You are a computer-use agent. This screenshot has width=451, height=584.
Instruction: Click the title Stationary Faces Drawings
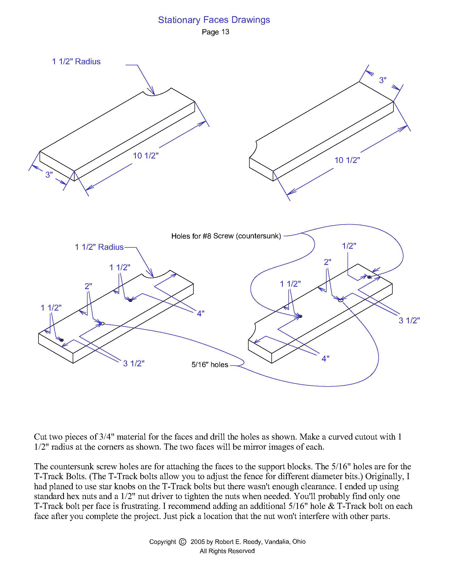click(214, 20)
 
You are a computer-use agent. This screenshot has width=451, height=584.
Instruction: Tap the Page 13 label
click(215, 32)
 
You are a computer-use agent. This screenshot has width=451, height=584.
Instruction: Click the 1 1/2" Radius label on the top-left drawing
click(76, 62)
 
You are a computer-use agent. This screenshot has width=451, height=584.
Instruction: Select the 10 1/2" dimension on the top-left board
click(146, 156)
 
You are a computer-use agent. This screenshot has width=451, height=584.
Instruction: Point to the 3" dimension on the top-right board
click(383, 80)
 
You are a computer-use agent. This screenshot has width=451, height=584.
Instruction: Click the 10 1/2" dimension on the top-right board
click(347, 160)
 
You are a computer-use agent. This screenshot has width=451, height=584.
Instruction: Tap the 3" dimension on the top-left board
click(49, 175)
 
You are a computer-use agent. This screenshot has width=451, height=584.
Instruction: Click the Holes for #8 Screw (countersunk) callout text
click(226, 236)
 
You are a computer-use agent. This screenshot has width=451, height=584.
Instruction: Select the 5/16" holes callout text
click(210, 365)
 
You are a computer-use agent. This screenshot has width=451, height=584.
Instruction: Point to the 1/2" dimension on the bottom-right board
click(349, 246)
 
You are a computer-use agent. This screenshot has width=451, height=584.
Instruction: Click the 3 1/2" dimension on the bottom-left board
click(134, 363)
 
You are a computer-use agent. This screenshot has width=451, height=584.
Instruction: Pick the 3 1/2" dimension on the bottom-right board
click(409, 320)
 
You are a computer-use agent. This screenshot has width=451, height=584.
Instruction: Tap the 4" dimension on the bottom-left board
click(201, 314)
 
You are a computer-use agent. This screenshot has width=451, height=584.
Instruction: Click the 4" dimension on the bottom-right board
click(325, 359)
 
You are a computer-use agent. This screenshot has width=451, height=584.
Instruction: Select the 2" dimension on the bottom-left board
click(88, 286)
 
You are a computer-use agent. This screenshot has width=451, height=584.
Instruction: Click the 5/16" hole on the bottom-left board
click(102, 324)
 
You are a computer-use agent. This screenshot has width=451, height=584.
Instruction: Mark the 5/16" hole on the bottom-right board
click(340, 300)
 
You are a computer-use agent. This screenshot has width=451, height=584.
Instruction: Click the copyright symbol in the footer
click(183, 542)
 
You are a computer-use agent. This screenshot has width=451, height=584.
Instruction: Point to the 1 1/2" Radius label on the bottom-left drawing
click(99, 247)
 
